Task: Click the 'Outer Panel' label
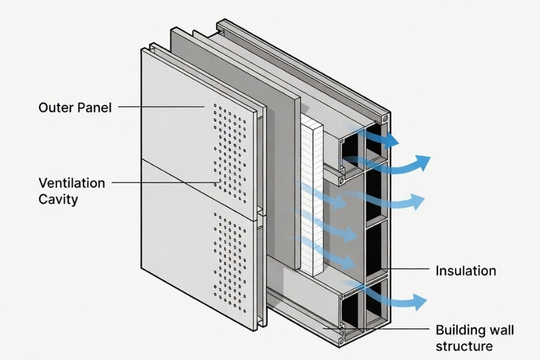75,108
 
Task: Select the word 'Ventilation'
71,182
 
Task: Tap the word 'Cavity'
58,199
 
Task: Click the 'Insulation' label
466,271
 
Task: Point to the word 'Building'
459,331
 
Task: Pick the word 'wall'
500,331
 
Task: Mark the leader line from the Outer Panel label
162,107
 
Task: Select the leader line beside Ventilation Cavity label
162,181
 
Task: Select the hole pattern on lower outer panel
230,264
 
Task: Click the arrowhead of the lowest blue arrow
421,300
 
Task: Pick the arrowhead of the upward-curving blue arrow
424,161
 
